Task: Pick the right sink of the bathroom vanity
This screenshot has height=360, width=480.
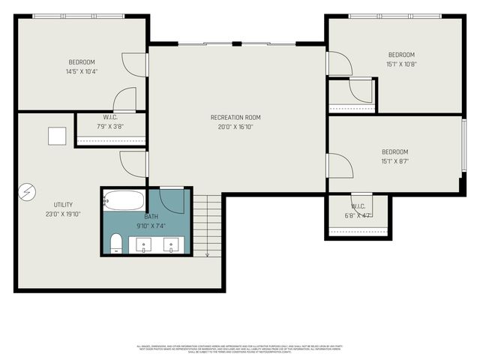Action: pyautogui.click(x=172, y=244)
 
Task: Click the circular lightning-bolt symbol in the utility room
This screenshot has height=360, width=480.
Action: pyautogui.click(x=27, y=192)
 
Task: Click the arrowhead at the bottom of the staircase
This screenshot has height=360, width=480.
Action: pyautogui.click(x=207, y=254)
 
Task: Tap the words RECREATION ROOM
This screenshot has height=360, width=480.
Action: pyautogui.click(x=235, y=117)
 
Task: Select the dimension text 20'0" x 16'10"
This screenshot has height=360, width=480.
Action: pyautogui.click(x=235, y=127)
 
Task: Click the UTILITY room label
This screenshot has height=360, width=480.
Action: pyautogui.click(x=63, y=205)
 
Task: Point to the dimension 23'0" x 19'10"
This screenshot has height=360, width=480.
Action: pyautogui.click(x=63, y=214)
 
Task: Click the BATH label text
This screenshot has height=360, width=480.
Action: pyautogui.click(x=151, y=215)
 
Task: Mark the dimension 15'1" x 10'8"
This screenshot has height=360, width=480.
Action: pyautogui.click(x=400, y=64)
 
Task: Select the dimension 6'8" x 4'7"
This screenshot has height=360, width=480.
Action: pyautogui.click(x=358, y=215)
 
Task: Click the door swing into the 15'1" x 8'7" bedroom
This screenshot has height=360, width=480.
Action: pyautogui.click(x=338, y=165)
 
